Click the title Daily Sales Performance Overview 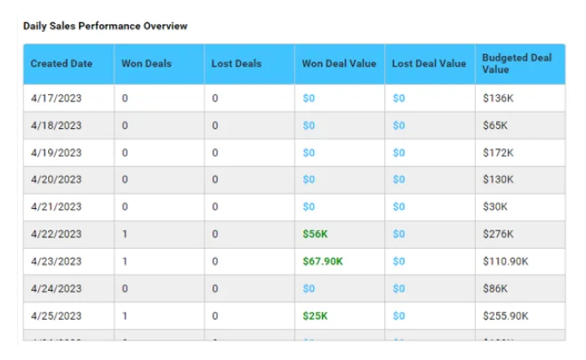click(x=105, y=27)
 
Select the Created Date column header click(x=60, y=64)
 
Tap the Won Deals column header click(x=147, y=64)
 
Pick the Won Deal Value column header click(x=339, y=64)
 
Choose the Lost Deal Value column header click(x=429, y=64)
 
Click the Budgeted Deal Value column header click(x=517, y=63)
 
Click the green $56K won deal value click(x=316, y=235)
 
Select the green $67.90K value click(x=323, y=262)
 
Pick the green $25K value click(x=316, y=316)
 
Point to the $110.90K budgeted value click(x=503, y=262)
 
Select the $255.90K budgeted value click(x=503, y=316)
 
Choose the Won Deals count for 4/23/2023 click(x=124, y=262)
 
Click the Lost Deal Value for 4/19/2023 click(x=398, y=153)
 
